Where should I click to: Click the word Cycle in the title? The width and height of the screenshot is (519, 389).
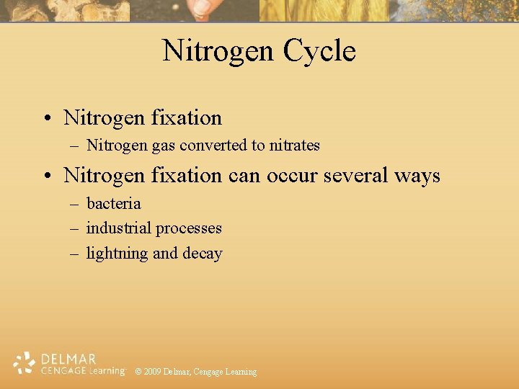click(x=319, y=51)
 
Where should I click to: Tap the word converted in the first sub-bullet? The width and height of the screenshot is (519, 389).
click(x=213, y=146)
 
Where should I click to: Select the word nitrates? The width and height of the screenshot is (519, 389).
click(x=294, y=146)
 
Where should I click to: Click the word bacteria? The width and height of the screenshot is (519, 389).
click(x=113, y=203)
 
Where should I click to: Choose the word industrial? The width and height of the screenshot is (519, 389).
click(x=118, y=228)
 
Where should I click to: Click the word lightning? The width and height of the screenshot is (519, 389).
click(x=117, y=254)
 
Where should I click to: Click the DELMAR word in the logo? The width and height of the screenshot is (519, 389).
click(x=68, y=359)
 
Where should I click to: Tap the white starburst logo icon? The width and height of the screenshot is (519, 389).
click(x=24, y=364)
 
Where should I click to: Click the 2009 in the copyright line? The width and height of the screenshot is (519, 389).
click(x=152, y=372)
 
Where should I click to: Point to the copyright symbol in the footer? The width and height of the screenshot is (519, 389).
click(x=138, y=372)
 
